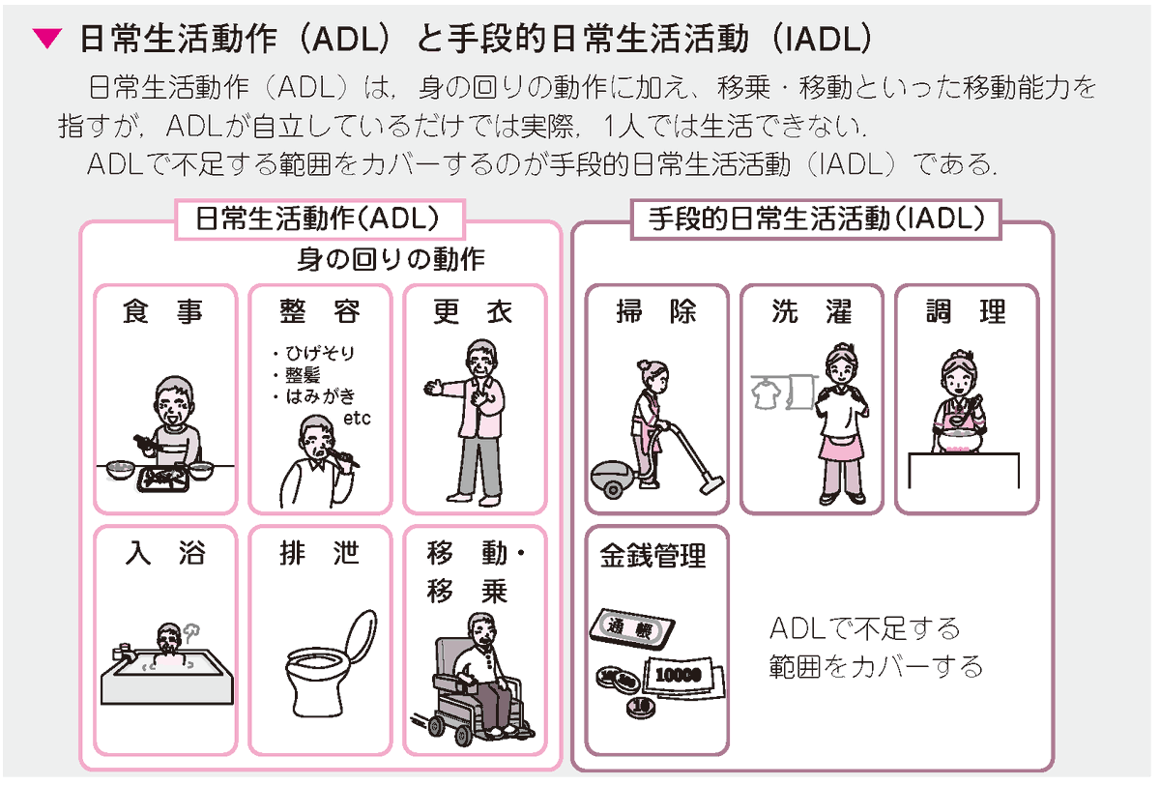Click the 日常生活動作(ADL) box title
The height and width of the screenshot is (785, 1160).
pyautogui.click(x=318, y=218)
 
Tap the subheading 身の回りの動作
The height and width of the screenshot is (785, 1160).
pyautogui.click(x=391, y=259)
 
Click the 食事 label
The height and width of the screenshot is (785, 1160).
pyautogui.click(x=164, y=312)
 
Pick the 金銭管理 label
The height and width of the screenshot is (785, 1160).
pyautogui.click(x=652, y=556)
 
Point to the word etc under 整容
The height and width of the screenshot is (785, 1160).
pyautogui.click(x=357, y=420)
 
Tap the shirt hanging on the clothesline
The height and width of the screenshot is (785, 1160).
pyautogui.click(x=767, y=391)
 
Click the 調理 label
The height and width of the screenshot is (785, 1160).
pyautogui.click(x=966, y=312)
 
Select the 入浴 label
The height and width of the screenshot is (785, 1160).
pyautogui.click(x=164, y=553)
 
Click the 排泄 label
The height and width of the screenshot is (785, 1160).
pyautogui.click(x=319, y=553)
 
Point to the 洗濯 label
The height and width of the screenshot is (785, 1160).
pyautogui.click(x=811, y=312)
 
